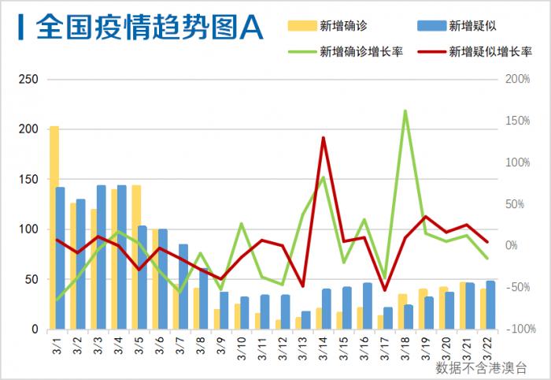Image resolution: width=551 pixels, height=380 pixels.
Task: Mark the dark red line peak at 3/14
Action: click(x=324, y=138)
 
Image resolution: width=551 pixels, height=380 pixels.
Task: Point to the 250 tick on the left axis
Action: click(x=28, y=80)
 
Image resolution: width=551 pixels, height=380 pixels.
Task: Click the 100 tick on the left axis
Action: click(x=28, y=229)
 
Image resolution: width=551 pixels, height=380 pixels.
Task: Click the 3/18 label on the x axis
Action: click(x=405, y=346)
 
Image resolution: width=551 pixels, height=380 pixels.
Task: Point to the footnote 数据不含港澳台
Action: click(x=482, y=367)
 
